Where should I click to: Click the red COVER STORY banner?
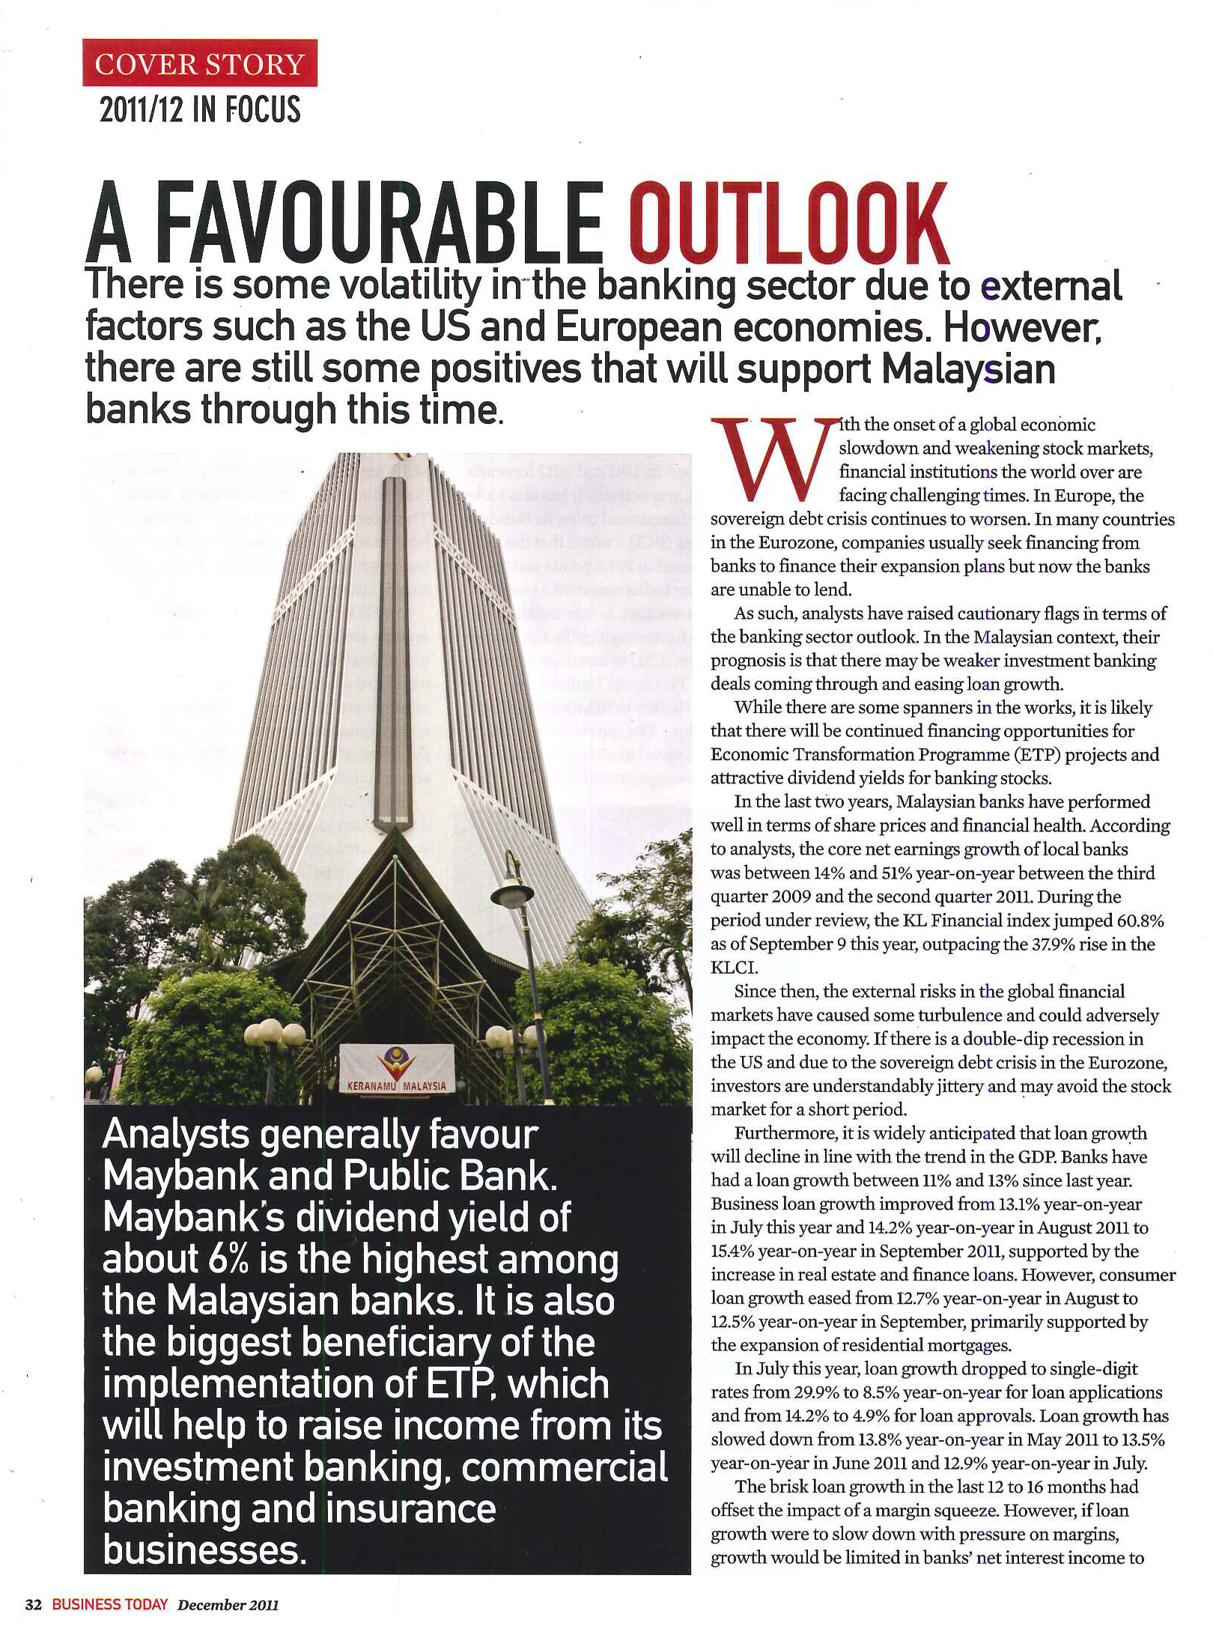tap(199, 64)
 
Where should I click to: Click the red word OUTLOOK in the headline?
tap(788, 225)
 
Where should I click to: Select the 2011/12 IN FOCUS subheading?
tap(199, 109)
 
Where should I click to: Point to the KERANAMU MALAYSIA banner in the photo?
tap(396, 1072)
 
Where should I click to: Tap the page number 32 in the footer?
tap(34, 1604)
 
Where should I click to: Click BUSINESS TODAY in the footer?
tap(109, 1604)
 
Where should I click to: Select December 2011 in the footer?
tap(228, 1604)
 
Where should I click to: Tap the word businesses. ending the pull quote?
tap(204, 1550)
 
